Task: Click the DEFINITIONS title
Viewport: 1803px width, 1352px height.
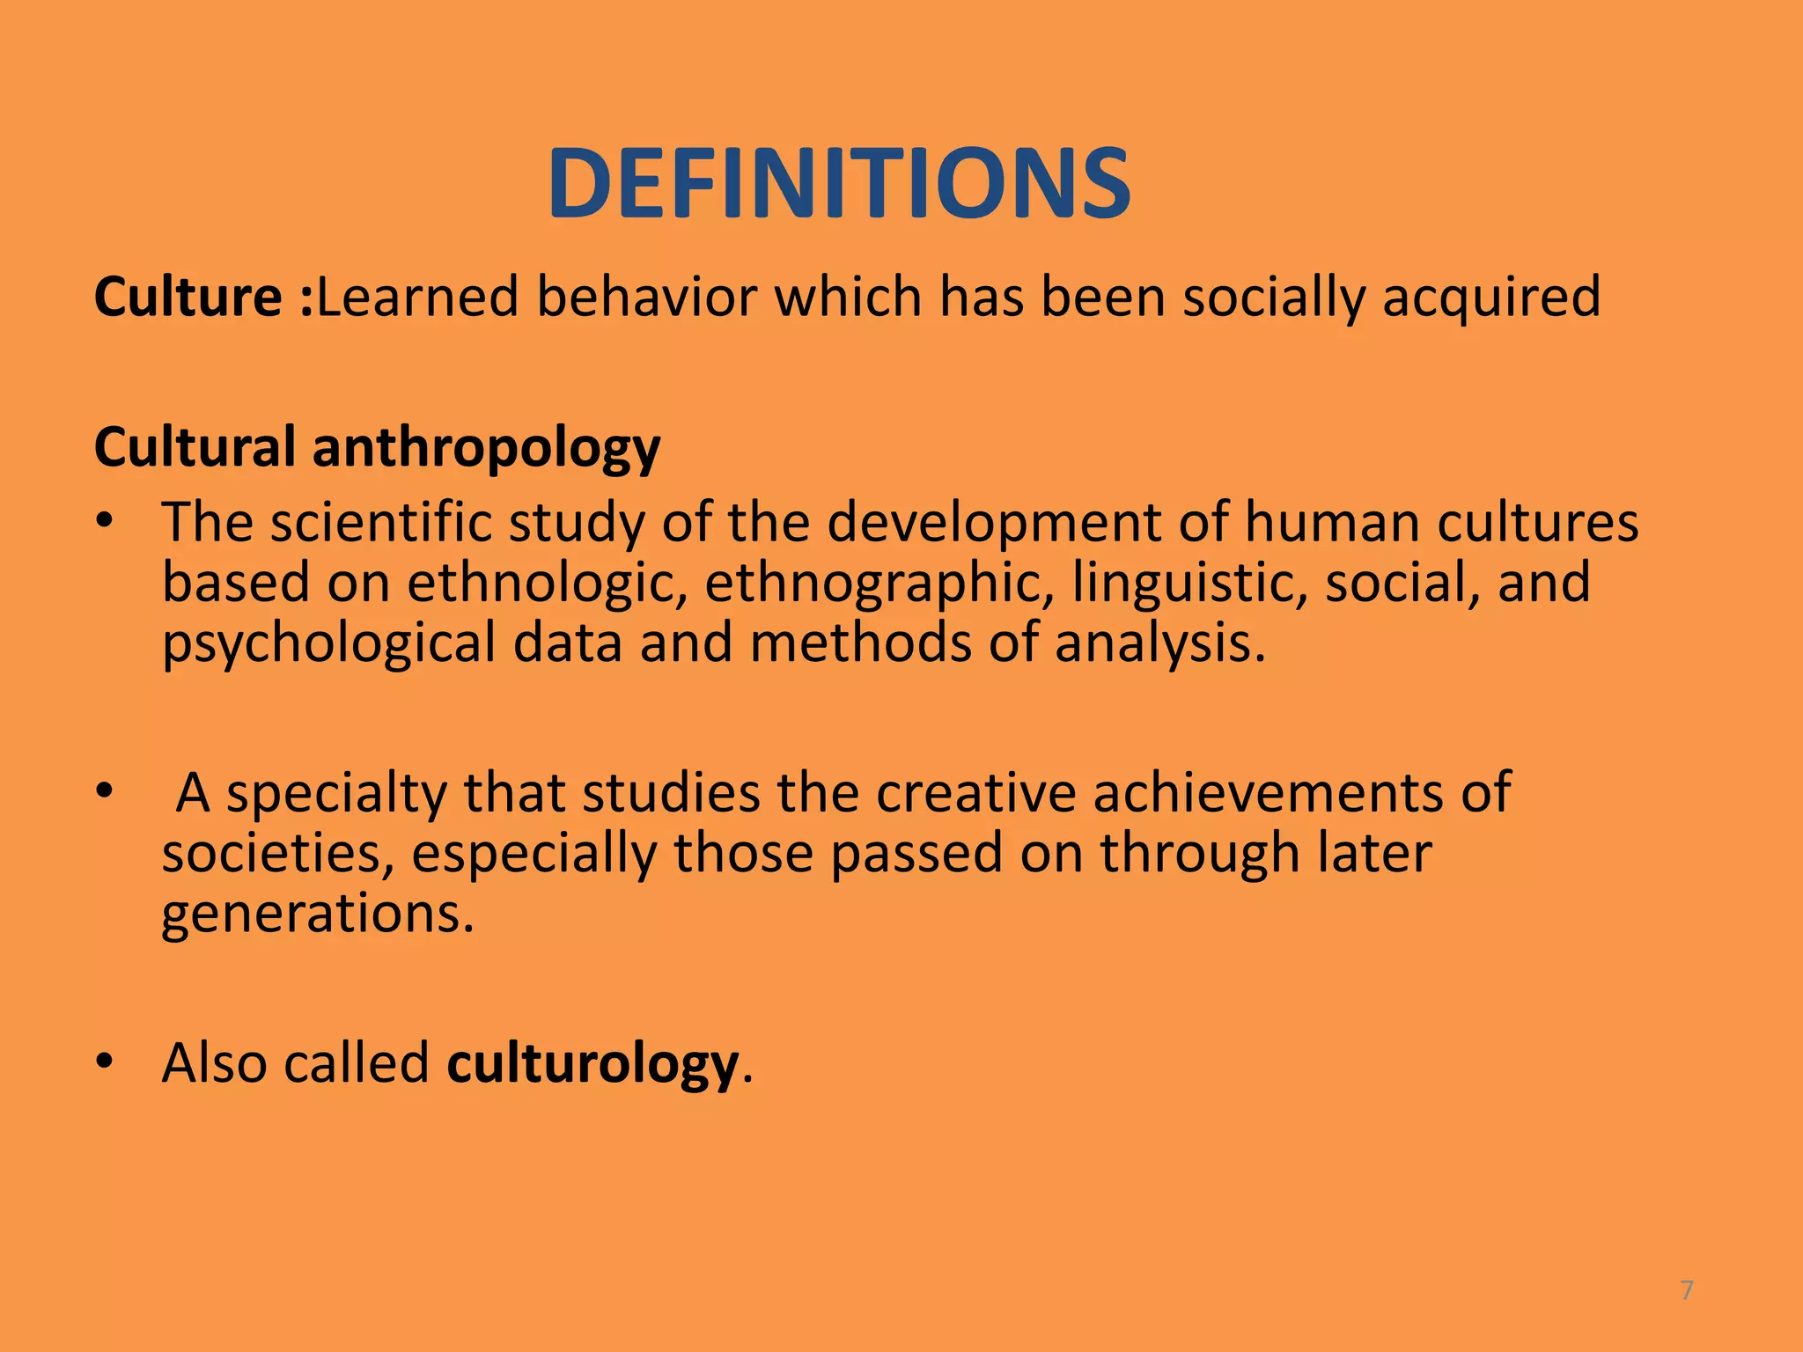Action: [839, 184]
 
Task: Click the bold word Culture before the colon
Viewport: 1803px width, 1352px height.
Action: [188, 297]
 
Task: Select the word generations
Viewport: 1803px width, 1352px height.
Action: [318, 915]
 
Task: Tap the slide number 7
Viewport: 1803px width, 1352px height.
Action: [1687, 1291]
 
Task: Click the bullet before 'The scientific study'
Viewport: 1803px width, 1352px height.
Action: [106, 522]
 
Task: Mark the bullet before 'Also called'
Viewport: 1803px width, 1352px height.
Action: [106, 1062]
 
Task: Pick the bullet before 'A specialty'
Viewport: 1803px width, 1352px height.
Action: [106, 791]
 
